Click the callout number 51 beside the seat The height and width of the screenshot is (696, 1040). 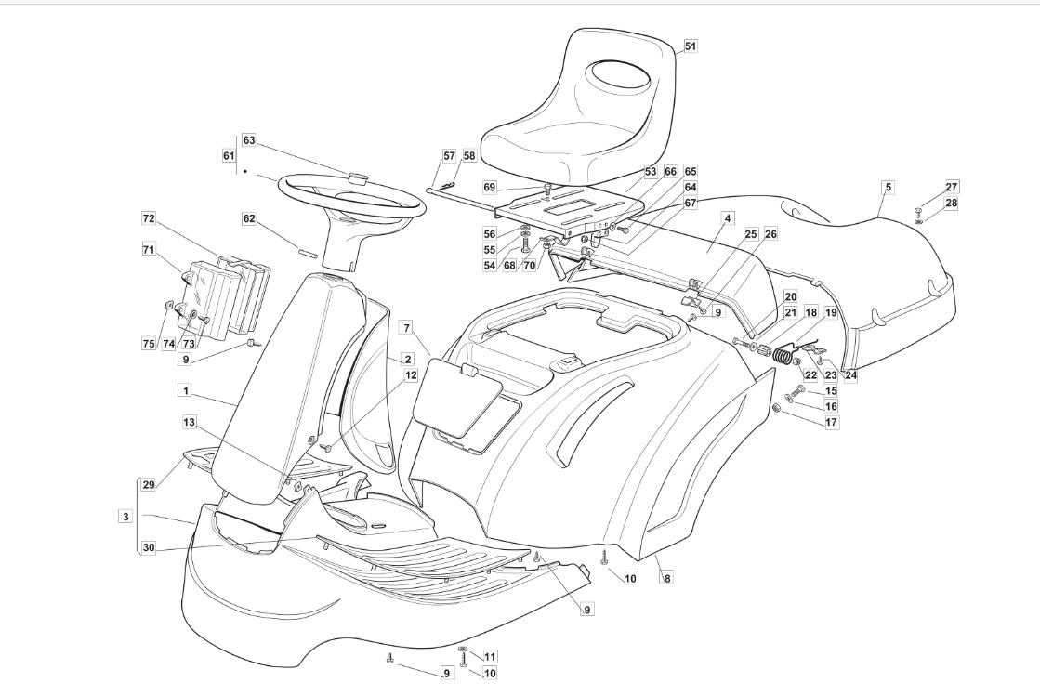coord(690,46)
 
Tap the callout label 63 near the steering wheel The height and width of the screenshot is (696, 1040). coord(249,140)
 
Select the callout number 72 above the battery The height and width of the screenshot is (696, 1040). coord(148,217)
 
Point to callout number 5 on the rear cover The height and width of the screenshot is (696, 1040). coord(888,187)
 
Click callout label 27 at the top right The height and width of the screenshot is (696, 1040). coord(926,187)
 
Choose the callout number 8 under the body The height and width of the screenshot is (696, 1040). coord(666,578)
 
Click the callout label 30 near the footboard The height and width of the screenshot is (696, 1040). coord(149,548)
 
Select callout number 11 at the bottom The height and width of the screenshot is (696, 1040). coord(490,656)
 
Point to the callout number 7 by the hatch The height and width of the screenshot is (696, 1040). coord(406,327)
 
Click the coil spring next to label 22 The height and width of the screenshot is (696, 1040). coord(784,354)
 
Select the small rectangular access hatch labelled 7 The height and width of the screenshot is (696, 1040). coord(454,399)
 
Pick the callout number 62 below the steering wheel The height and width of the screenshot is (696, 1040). coord(249,219)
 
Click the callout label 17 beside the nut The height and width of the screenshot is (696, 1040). coord(831,422)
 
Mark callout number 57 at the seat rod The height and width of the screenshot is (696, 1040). coord(449,156)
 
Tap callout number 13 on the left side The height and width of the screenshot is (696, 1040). coord(189,423)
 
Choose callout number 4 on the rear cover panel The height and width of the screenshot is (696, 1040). coord(728,217)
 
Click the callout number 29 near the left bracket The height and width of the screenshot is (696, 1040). coord(149,485)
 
